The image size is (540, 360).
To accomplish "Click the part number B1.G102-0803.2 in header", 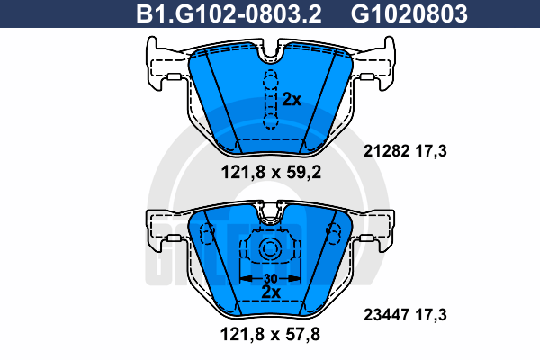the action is [229, 13].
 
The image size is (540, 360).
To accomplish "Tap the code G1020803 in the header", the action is [409, 13].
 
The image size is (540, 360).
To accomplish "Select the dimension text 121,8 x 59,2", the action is [271, 172].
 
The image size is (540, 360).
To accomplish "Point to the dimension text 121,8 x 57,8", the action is [270, 334].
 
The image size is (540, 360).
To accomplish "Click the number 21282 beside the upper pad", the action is [386, 151].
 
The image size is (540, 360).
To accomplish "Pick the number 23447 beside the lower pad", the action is [386, 314].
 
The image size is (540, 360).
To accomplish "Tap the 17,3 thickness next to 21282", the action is [431, 151].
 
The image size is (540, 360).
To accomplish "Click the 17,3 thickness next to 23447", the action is [431, 314].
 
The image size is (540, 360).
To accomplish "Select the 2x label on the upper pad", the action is [292, 100].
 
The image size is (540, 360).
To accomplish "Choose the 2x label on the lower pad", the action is [271, 292].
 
